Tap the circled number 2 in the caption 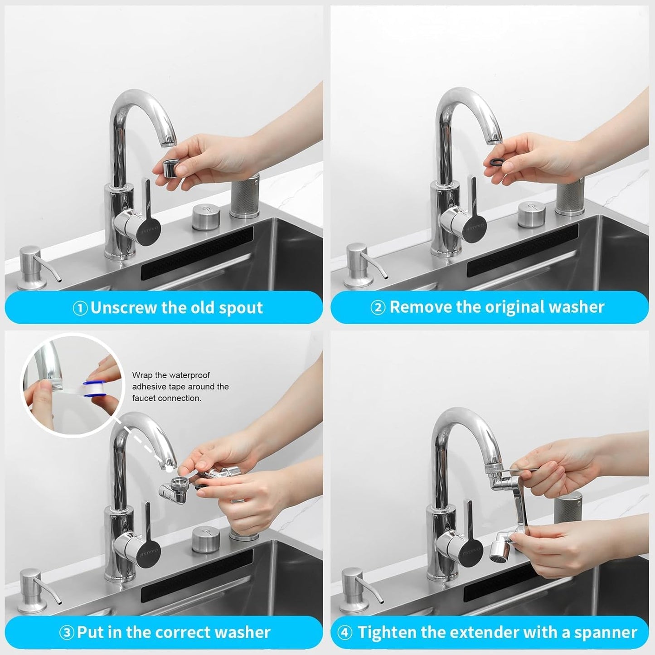point(378,308)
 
